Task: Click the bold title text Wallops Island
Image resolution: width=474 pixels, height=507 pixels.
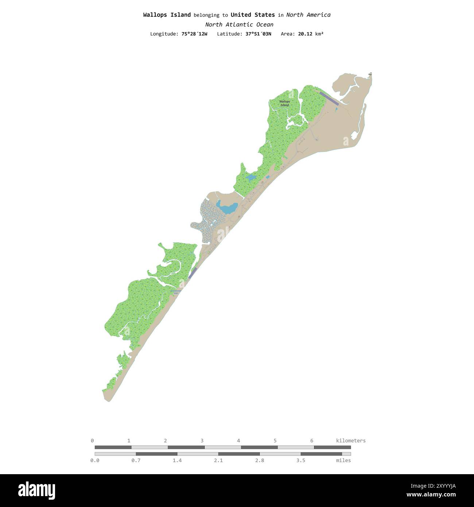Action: click(167, 15)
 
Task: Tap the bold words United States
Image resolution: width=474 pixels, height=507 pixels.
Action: click(253, 15)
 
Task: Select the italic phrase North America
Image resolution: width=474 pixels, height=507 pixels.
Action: click(308, 15)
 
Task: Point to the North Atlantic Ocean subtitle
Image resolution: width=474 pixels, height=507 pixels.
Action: click(239, 25)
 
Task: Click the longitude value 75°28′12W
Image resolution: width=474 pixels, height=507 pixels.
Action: click(194, 34)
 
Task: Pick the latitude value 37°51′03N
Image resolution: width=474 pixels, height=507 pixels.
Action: click(258, 34)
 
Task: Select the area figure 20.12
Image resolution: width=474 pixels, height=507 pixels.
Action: click(305, 34)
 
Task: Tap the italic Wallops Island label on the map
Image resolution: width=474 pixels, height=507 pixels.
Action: click(284, 103)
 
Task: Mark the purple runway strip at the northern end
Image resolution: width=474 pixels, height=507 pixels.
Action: click(329, 98)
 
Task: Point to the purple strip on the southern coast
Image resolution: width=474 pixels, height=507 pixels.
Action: click(193, 273)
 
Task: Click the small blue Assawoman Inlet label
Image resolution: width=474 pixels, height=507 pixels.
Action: click(176, 292)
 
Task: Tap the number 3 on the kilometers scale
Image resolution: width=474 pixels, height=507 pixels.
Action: click(202, 441)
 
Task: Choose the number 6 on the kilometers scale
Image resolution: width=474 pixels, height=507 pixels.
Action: click(312, 441)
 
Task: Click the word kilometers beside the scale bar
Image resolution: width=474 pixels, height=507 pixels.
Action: click(351, 441)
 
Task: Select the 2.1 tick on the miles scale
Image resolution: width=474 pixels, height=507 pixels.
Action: click(218, 461)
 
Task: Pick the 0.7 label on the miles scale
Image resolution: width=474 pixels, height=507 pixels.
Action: click(136, 461)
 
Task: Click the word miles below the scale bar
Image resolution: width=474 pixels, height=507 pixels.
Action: click(343, 461)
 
